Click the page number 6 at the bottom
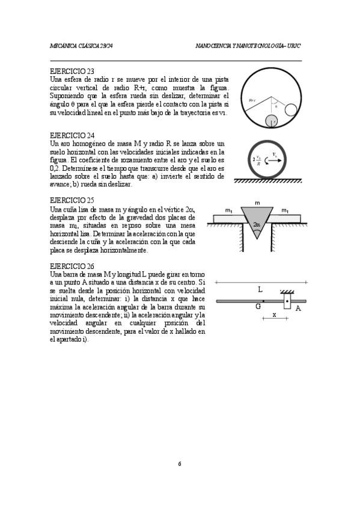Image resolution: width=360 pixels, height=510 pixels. click(179, 464)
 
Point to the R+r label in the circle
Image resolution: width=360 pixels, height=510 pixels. click(253, 100)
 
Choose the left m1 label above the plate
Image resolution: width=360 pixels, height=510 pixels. click(229, 210)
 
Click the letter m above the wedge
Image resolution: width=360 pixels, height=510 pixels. click(257, 204)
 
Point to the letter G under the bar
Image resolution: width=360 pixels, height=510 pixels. click(258, 307)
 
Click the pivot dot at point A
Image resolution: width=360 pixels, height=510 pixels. click(287, 301)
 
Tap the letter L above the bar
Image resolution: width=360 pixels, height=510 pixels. click(260, 289)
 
